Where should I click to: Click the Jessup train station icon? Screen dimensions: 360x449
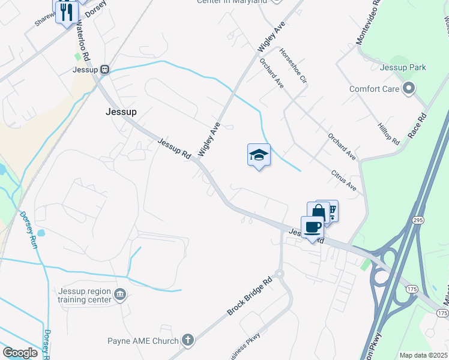[x=104, y=70]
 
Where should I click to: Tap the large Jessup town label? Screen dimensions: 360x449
[x=121, y=112]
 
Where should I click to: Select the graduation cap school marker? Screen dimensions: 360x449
[x=259, y=155]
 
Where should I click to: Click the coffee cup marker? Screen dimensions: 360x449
[x=312, y=227]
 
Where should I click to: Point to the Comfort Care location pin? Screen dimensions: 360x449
[x=409, y=89]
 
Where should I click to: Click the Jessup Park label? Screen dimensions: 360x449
[x=403, y=67]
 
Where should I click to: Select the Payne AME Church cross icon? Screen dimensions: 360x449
[x=188, y=341]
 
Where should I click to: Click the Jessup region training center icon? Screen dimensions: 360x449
[x=120, y=295]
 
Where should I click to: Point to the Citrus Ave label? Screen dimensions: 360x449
[x=344, y=181]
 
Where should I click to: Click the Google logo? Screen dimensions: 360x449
[x=20, y=353]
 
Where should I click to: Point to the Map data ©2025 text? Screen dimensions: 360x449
[x=423, y=355]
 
